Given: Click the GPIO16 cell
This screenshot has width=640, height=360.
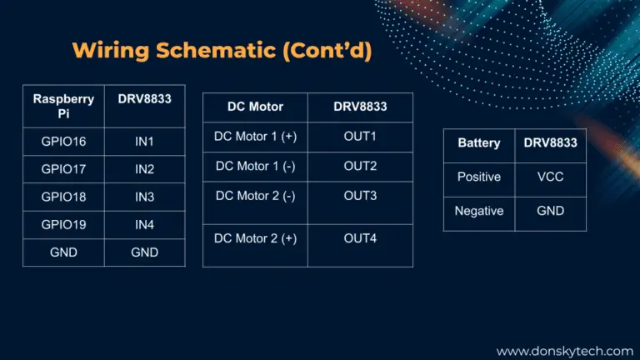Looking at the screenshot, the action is [63, 142].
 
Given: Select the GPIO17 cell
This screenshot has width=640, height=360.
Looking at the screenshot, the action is [63, 169].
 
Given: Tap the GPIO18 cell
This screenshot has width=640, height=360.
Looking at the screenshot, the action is [63, 197].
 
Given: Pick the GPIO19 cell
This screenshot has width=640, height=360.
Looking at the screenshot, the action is [63, 224].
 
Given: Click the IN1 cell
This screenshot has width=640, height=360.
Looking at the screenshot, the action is [144, 142].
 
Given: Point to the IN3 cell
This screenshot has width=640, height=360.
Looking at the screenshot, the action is [144, 197].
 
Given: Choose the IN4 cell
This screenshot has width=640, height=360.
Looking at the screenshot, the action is [144, 224].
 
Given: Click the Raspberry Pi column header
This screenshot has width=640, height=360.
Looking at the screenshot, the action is [63, 106].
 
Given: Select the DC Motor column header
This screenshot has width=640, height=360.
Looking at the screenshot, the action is [256, 107].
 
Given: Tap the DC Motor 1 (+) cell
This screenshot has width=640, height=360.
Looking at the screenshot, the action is [256, 137].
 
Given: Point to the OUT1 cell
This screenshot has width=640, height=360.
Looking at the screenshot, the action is [360, 137].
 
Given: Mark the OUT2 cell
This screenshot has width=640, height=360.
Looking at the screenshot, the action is [360, 166].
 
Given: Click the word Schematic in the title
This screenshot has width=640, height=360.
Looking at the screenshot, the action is [216, 50].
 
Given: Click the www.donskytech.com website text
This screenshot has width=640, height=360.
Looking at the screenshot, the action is [565, 351].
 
